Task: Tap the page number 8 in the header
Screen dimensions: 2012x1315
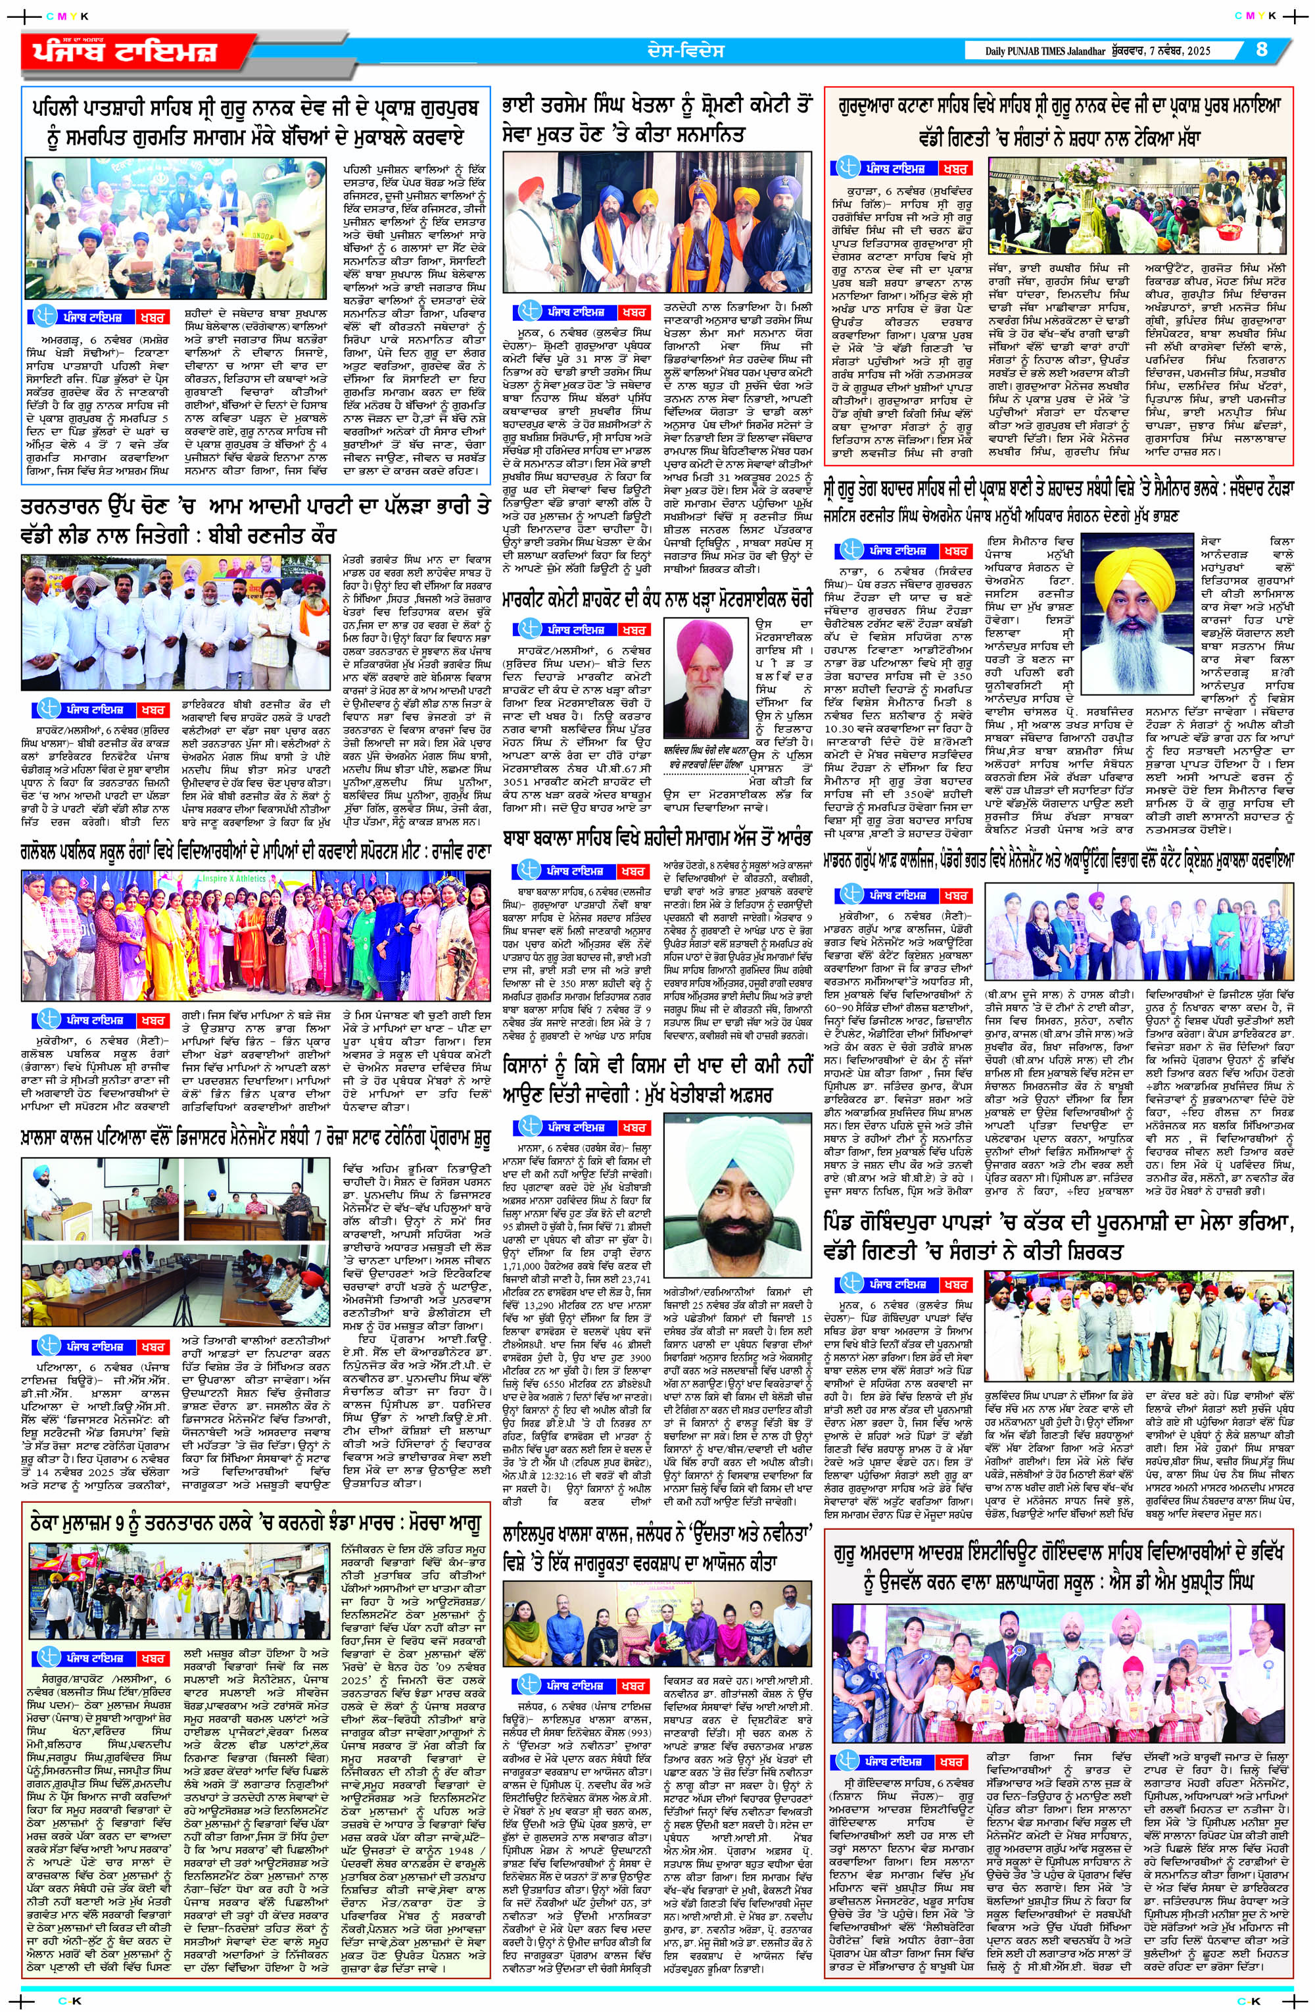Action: (x=1262, y=50)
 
